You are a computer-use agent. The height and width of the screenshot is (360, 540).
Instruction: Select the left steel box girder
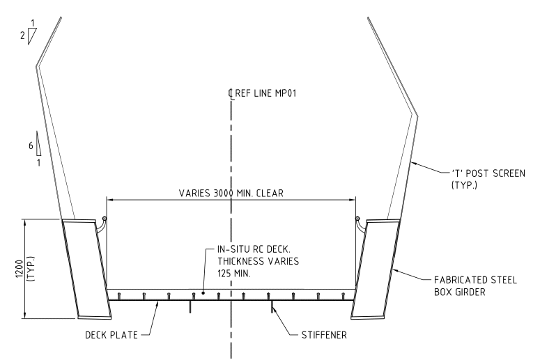[82, 268]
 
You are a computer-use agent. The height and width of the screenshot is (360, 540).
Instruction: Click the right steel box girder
[377, 268]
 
